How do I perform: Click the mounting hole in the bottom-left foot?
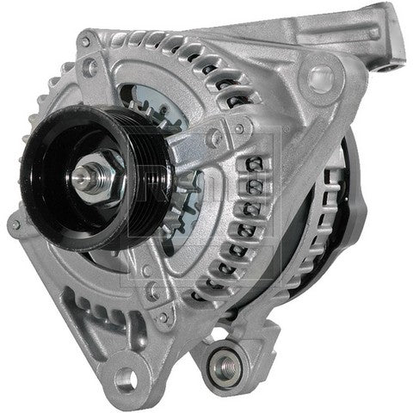coord(126,376)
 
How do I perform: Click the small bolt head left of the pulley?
coord(15,225)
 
